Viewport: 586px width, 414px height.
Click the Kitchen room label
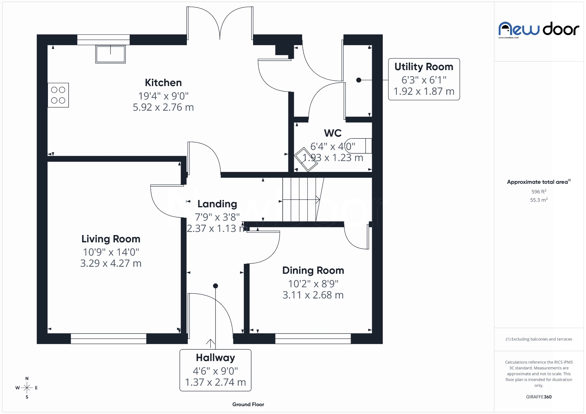(163, 83)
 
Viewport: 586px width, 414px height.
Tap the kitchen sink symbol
(110, 54)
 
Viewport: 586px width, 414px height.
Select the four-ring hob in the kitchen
(58, 95)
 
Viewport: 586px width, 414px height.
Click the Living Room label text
(111, 239)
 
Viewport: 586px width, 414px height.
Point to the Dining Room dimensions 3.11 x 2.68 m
(313, 295)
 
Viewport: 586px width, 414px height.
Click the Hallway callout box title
(215, 358)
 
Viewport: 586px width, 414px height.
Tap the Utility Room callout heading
(424, 67)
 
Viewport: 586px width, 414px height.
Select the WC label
(333, 133)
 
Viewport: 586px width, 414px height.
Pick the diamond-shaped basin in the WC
(306, 159)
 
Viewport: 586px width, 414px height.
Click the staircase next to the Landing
(301, 200)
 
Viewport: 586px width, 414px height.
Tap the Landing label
(217, 204)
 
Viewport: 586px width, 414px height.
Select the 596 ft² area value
(539, 192)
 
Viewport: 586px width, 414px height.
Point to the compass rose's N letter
(27, 378)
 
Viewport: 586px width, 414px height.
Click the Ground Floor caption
(248, 405)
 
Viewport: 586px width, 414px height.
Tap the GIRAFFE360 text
(539, 397)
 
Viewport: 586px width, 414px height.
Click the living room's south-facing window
(108, 339)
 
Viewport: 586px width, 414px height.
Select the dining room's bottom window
(313, 339)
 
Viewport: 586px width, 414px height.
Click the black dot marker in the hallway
(215, 286)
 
